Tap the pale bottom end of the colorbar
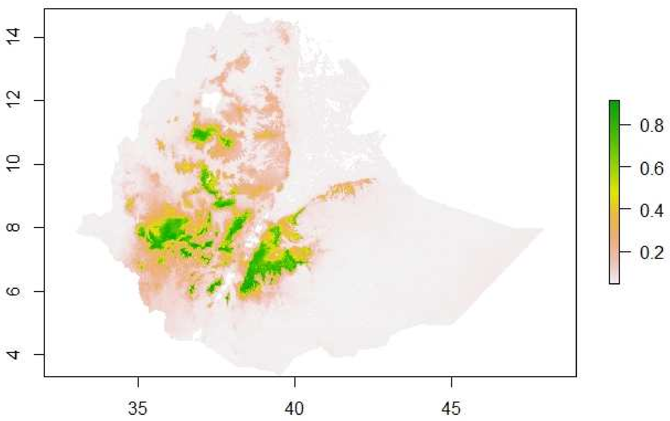(614, 279)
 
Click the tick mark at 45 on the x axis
(451, 381)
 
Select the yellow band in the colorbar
(614, 192)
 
